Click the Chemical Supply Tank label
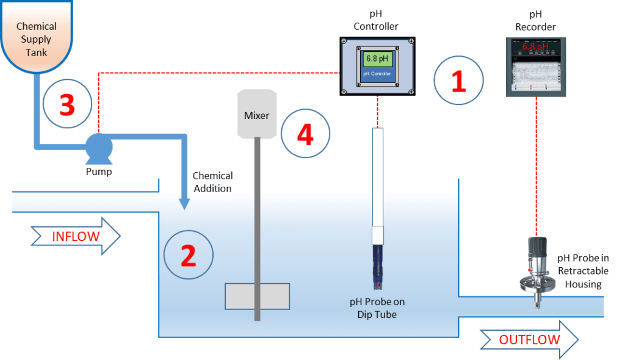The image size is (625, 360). [37, 40]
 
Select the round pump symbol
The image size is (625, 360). [98, 147]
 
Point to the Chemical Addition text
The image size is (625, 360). [212, 182]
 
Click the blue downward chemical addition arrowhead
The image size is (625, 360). [184, 204]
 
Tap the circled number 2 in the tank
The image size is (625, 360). [189, 256]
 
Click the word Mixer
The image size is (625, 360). [256, 115]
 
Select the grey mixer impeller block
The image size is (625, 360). [257, 296]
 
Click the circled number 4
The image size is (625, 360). [305, 134]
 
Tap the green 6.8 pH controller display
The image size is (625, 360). [377, 59]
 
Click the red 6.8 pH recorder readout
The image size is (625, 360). [535, 46]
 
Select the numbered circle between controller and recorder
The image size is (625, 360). [458, 80]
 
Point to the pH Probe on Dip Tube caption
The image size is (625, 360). [377, 308]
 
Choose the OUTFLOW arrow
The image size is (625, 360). [529, 340]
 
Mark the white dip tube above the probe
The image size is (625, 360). [377, 177]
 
